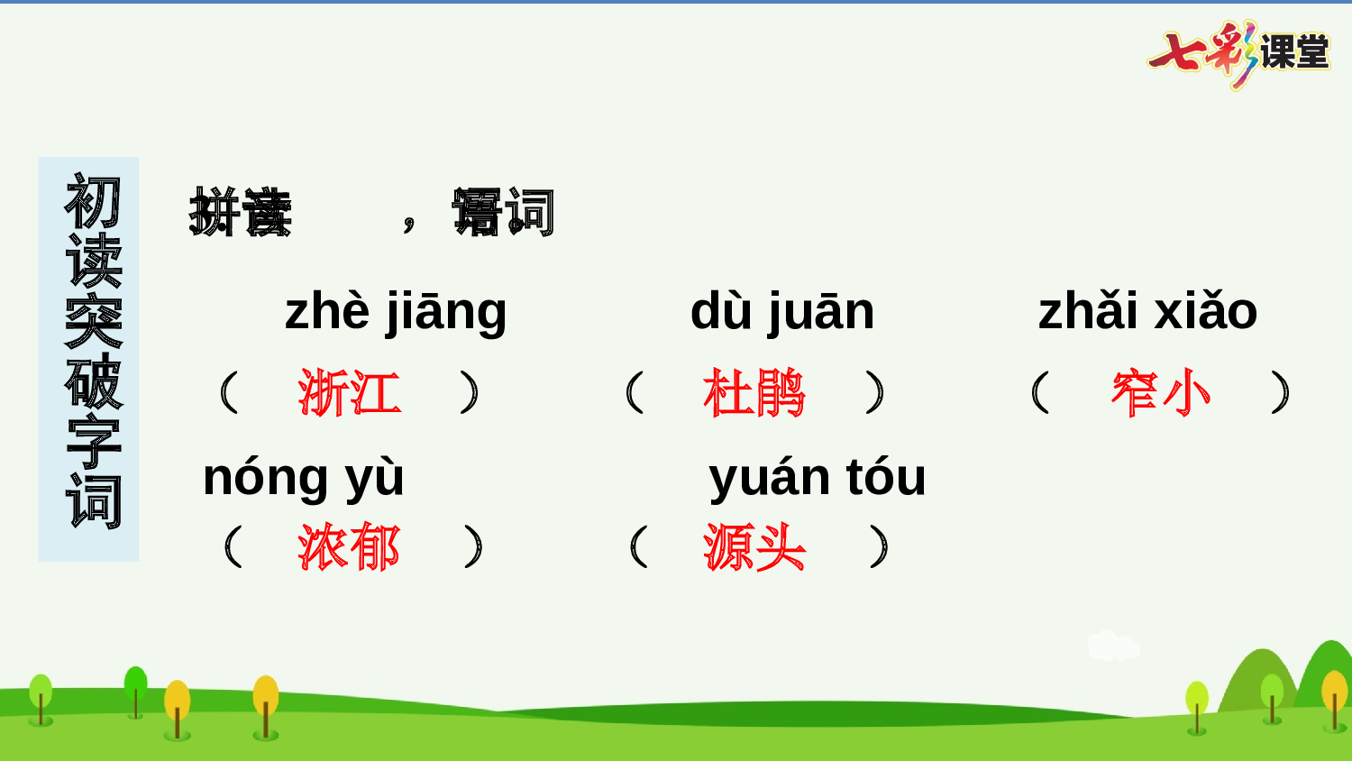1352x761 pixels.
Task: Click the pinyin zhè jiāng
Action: point(396,312)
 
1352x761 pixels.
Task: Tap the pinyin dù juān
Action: point(782,312)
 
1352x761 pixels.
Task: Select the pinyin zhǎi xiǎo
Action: point(1147,312)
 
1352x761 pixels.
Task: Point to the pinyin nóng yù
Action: point(304,478)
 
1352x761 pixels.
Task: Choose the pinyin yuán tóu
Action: point(818,477)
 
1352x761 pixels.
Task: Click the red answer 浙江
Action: point(350,393)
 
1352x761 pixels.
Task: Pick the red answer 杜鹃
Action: point(754,393)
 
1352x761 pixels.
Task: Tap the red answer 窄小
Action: point(1161,393)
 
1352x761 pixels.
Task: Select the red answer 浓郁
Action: point(350,547)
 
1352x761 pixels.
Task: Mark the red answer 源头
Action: point(754,547)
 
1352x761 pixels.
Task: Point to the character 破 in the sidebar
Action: point(93,382)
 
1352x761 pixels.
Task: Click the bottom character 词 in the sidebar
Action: point(93,501)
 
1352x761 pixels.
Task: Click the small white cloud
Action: point(1112,646)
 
